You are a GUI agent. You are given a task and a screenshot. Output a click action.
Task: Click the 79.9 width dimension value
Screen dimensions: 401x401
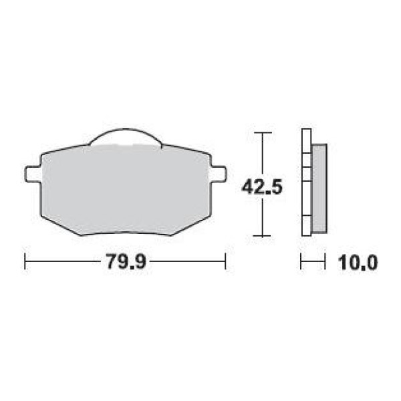coord(126,261)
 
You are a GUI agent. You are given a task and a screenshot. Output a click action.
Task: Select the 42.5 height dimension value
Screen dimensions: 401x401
coord(262,187)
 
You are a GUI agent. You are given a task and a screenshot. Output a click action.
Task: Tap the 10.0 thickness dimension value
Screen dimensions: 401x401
coord(358,263)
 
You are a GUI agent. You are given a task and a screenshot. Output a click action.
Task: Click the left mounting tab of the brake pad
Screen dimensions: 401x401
coord(33,174)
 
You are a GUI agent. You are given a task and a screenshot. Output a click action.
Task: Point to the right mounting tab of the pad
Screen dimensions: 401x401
coord(219,174)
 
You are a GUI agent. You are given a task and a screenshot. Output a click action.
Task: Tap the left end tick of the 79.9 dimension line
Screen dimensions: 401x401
coord(25,261)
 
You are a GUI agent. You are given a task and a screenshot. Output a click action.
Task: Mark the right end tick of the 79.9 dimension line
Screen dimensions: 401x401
coord(225,261)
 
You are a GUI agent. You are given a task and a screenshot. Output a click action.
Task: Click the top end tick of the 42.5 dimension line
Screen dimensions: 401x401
coord(263,133)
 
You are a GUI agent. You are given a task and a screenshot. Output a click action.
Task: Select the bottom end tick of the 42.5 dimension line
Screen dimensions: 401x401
coord(262,236)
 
